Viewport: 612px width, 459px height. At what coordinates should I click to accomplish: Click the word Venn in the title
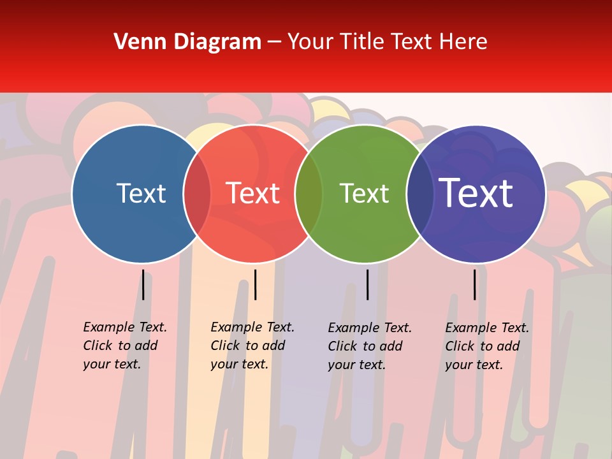[x=135, y=42]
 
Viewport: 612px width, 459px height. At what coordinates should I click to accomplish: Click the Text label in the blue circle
[x=141, y=193]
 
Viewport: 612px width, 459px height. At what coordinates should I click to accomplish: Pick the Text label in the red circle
[x=253, y=193]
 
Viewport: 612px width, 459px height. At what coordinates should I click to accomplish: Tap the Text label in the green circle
[x=364, y=193]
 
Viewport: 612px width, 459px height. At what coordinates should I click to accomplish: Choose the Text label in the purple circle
[x=476, y=193]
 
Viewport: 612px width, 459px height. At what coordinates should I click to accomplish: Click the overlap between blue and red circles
[x=197, y=194]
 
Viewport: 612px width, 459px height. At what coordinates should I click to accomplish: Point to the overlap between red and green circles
[x=309, y=194]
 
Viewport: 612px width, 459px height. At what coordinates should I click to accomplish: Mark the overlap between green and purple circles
[x=419, y=194]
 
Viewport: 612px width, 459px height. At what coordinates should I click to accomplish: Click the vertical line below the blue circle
[x=143, y=284]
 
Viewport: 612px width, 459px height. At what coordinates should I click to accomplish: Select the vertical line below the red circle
[x=255, y=284]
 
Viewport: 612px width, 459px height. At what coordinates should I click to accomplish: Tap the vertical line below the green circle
[x=367, y=284]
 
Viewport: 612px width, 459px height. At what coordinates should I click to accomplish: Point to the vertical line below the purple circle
[x=475, y=284]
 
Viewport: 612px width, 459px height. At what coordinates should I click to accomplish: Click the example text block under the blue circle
[x=124, y=346]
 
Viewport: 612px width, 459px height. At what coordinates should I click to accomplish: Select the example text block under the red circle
[x=252, y=346]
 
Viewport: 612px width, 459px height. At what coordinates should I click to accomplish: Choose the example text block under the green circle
[x=369, y=346]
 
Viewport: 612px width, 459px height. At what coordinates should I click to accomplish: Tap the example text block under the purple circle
[x=486, y=346]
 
